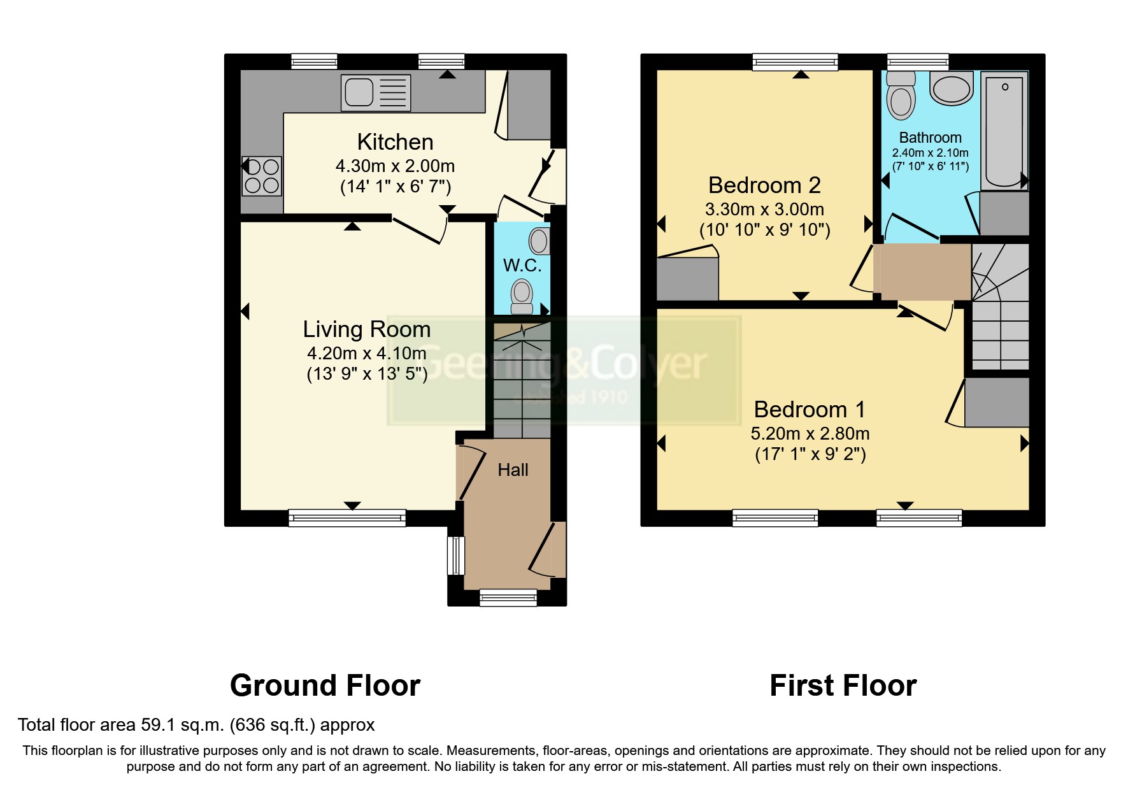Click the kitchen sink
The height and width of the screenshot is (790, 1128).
point(376,92)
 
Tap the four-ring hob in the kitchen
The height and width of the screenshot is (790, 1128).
point(262,176)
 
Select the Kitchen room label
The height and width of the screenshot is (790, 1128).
point(395,141)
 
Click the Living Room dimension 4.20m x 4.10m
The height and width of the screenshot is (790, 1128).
point(367,353)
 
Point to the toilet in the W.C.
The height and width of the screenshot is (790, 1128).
point(522,296)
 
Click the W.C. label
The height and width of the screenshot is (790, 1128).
point(522,265)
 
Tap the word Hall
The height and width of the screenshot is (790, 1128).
point(513,470)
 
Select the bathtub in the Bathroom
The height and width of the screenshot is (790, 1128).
point(1004,131)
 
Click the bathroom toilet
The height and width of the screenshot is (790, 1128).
point(901,95)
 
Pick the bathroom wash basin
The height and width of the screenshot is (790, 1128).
point(952,88)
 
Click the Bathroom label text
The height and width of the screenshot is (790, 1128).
point(930,138)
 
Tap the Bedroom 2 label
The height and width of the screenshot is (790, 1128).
point(764,185)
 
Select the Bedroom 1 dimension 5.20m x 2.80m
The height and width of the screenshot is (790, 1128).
point(810,434)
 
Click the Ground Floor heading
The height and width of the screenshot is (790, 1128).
point(325,686)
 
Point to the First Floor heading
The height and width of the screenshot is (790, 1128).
point(843,686)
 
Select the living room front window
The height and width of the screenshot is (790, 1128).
point(347,517)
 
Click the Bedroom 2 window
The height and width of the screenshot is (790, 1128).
point(795,62)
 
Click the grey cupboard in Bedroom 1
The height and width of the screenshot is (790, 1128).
point(997,402)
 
